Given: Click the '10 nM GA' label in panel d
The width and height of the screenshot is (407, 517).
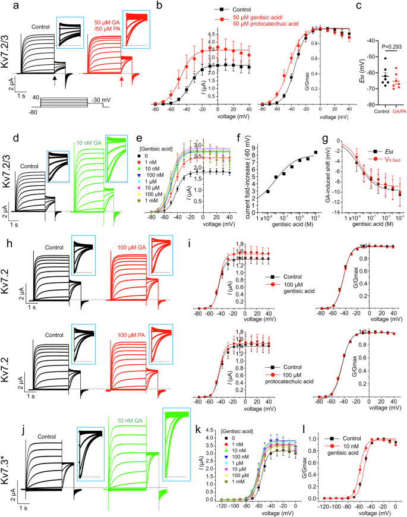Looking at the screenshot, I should pyautogui.click(x=87, y=126).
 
